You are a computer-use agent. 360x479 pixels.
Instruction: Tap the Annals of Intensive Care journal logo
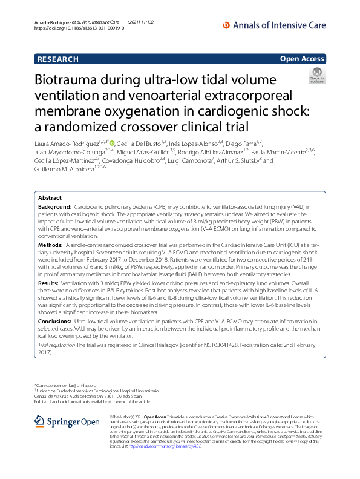tap(275, 25)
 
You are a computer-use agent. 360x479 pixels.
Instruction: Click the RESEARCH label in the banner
tap(58, 59)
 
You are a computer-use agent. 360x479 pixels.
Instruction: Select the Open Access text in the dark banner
tap(302, 59)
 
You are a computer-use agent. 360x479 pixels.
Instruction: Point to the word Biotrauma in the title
tap(76, 81)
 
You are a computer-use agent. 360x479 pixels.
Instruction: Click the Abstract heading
tap(50, 198)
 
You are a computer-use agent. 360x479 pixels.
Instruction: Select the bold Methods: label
tap(51, 244)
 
